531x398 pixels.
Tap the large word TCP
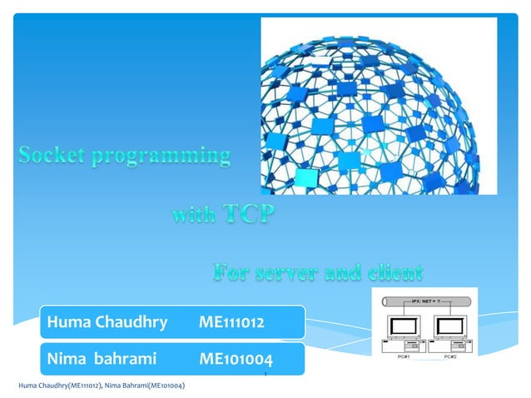[x=248, y=215]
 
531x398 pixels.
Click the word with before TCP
[x=194, y=216]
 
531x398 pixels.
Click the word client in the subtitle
[x=390, y=272]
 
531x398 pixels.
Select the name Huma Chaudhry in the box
[x=107, y=321]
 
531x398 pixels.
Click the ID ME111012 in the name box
[x=232, y=321]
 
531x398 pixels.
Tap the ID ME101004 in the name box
[x=236, y=360]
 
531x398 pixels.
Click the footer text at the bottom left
[x=101, y=386]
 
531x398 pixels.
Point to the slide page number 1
[x=264, y=376]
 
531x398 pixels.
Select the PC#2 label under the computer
[x=450, y=356]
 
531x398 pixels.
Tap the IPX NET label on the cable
[x=428, y=297]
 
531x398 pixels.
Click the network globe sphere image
[x=379, y=104]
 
